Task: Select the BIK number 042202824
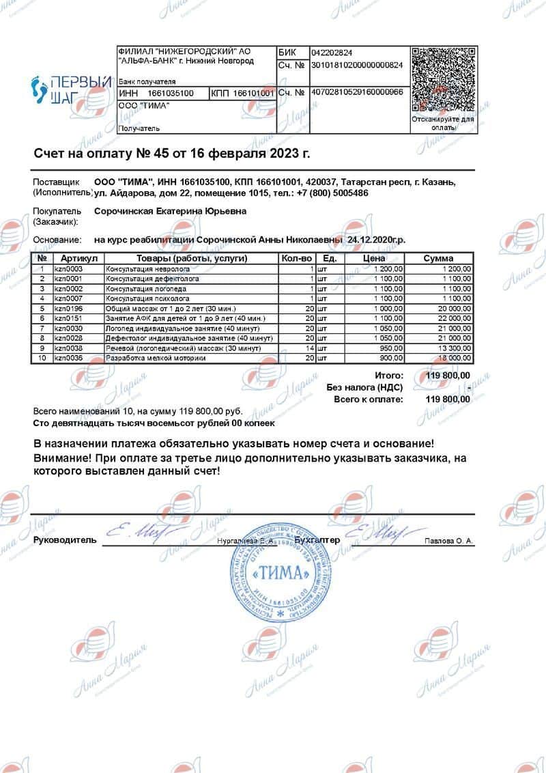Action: point(332,53)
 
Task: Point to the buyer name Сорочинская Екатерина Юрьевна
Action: point(170,212)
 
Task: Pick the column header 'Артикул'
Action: point(80,259)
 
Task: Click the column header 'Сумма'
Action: point(438,259)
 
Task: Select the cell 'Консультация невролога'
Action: point(143,269)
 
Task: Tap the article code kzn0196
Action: point(68,309)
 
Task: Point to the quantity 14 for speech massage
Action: point(309,348)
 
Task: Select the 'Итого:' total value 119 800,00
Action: point(448,376)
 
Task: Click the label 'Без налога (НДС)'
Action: point(364,387)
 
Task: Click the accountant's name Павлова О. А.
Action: point(448,541)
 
